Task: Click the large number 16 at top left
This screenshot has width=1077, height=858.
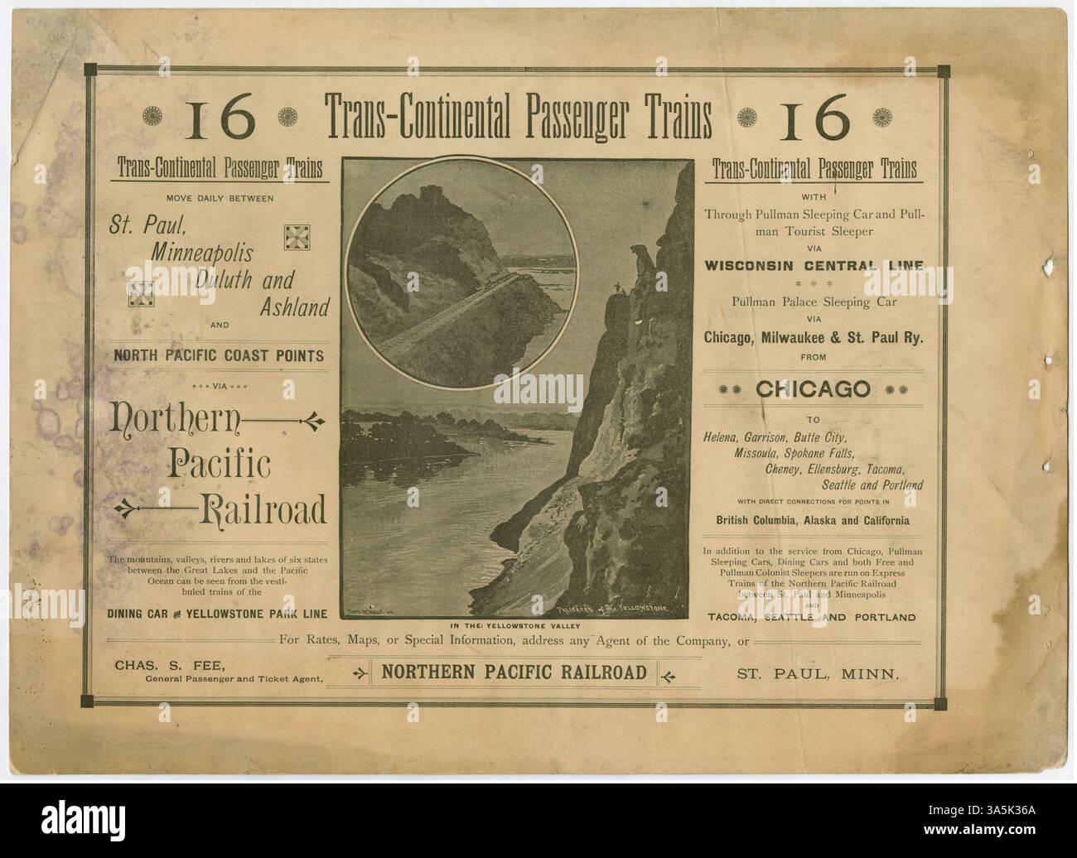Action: [x=221, y=120]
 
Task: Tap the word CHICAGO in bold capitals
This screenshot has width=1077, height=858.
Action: [x=813, y=388]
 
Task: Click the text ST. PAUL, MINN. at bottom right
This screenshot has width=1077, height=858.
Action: [x=818, y=673]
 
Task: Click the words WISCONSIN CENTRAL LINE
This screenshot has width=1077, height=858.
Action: [x=814, y=266]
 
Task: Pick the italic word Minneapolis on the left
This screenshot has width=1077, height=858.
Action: [x=202, y=251]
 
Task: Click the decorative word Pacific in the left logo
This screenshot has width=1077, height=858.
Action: [x=220, y=465]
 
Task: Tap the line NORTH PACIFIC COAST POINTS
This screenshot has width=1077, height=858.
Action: [x=219, y=356]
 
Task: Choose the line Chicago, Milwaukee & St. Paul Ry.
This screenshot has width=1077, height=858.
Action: [x=813, y=337]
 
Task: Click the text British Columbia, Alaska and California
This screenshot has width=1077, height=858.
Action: [x=813, y=521]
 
